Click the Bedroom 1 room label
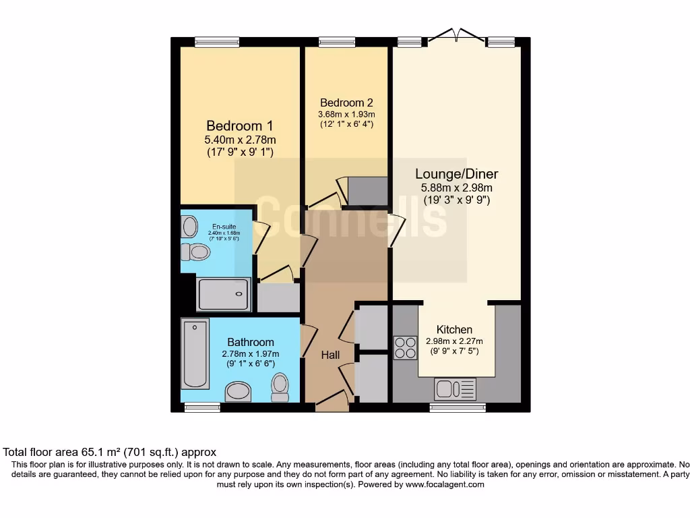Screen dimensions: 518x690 [x=239, y=125]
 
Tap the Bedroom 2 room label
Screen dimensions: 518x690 [x=346, y=103]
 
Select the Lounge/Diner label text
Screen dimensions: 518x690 [x=456, y=174]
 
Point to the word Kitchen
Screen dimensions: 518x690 [x=454, y=329]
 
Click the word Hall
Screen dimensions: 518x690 [x=330, y=355]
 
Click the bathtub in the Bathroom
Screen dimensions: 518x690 [x=195, y=353]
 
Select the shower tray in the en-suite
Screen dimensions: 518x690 [x=223, y=295]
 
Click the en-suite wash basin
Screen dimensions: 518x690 [x=189, y=226]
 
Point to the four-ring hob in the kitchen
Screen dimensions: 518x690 [x=405, y=347]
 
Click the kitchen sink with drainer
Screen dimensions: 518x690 [x=455, y=389]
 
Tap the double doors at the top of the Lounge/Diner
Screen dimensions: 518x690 [x=456, y=37]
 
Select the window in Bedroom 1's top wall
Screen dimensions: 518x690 [x=217, y=42]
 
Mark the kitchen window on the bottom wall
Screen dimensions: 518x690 [x=458, y=407]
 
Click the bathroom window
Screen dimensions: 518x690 [x=202, y=407]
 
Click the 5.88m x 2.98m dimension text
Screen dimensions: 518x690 [x=456, y=188]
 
